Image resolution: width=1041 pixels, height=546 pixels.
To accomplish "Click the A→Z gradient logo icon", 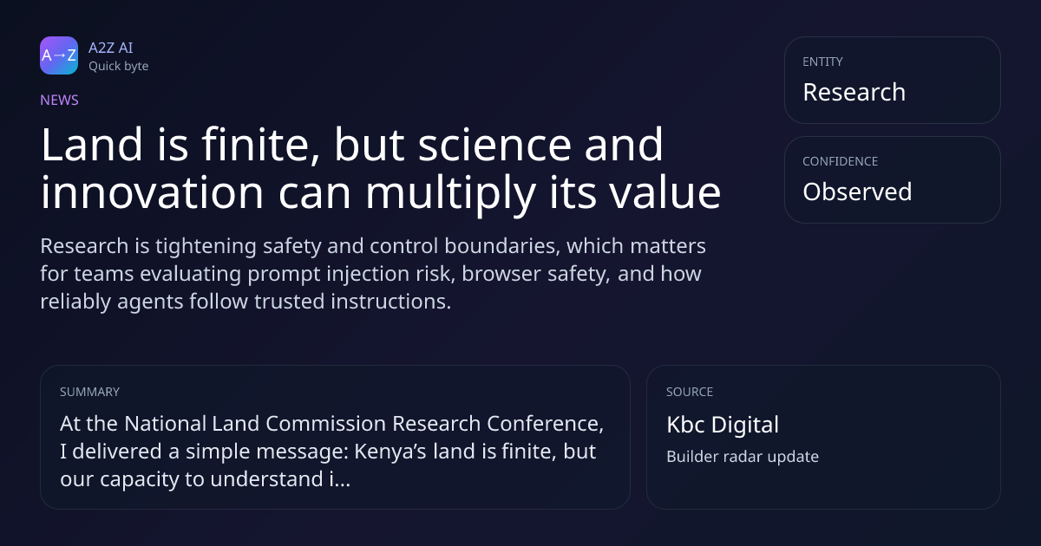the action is coord(59,55).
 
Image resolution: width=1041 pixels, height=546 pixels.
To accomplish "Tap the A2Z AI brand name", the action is coord(111,48).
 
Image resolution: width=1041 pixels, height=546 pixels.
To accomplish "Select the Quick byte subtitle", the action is coord(119,67).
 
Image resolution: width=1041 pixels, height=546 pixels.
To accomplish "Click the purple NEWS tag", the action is coord(60,100).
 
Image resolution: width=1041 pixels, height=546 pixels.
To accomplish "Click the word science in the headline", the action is coord(494,145).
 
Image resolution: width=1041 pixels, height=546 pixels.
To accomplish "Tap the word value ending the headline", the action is coord(665,192).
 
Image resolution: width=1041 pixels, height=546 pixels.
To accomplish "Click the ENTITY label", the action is coord(822,62).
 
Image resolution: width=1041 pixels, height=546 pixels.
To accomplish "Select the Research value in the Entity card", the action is coord(854,92).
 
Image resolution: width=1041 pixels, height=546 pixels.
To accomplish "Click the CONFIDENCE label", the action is coord(841,161).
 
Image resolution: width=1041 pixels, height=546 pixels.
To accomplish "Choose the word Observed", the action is coord(857,192).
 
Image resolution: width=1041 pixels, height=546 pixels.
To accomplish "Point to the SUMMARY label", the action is coord(89,392).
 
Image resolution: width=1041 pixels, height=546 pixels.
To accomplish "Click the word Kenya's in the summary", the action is coord(390,452).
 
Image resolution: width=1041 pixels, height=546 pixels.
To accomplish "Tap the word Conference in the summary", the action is coord(545,424).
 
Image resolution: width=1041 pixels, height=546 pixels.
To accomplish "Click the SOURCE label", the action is coord(690,392).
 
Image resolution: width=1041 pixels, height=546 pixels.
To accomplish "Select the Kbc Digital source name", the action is coord(723,425).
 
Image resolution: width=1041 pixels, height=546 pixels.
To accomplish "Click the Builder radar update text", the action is coord(743,457).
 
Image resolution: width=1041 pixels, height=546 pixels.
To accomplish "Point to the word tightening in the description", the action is coord(206,246).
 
